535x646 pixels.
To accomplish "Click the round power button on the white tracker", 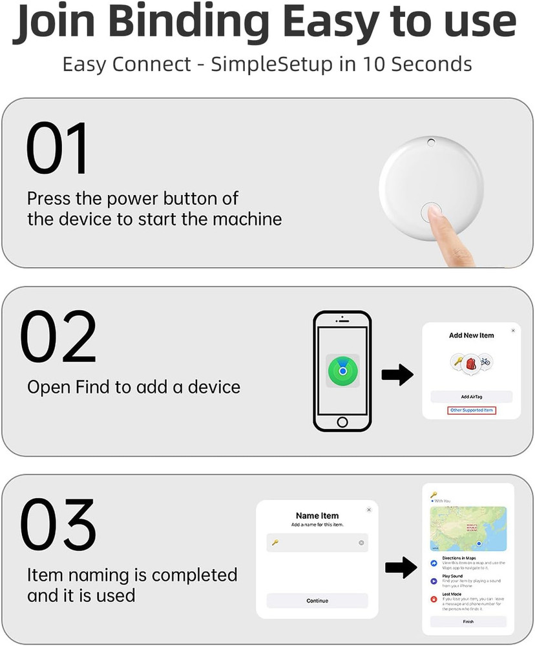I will [431, 211].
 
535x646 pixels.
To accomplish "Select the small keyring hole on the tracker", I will [431, 142].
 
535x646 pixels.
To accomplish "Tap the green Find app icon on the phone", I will [342, 370].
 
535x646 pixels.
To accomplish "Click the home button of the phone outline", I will [342, 422].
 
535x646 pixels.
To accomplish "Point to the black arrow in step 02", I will [397, 375].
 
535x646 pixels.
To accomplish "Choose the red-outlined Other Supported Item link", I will [472, 411].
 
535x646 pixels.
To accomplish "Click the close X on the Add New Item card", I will [513, 330].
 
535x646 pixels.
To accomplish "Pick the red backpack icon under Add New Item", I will [472, 362].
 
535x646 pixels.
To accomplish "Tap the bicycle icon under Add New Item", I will [485, 361].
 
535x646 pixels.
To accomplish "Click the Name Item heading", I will [317, 516].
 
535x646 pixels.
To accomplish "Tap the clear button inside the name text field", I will [361, 543].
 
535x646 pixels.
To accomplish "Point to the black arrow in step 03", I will [401, 568].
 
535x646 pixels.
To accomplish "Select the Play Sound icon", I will [434, 581].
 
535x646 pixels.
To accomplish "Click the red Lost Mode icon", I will [434, 599].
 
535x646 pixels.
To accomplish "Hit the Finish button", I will [468, 621].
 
